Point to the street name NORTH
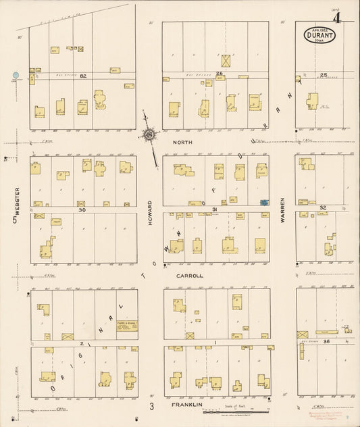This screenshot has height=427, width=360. pyautogui.click(x=183, y=143)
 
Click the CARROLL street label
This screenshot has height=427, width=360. pyautogui.click(x=190, y=276)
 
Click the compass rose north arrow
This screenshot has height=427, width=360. pyautogui.click(x=149, y=132)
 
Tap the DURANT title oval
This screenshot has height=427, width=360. pyautogui.click(x=315, y=32)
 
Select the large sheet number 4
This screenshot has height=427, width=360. pyautogui.click(x=344, y=14)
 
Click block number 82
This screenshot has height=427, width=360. pyautogui.click(x=84, y=76)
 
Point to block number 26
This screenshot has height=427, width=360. pyautogui.click(x=220, y=73)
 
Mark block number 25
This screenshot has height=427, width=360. pyautogui.click(x=324, y=74)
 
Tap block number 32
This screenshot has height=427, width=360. pyautogui.click(x=323, y=207)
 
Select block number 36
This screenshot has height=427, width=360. pyautogui.click(x=326, y=342)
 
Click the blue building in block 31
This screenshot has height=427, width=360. pyautogui.click(x=263, y=201)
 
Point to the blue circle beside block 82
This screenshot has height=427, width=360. pyautogui.click(x=16, y=76)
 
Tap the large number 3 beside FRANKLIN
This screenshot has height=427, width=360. pyautogui.click(x=152, y=406)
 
